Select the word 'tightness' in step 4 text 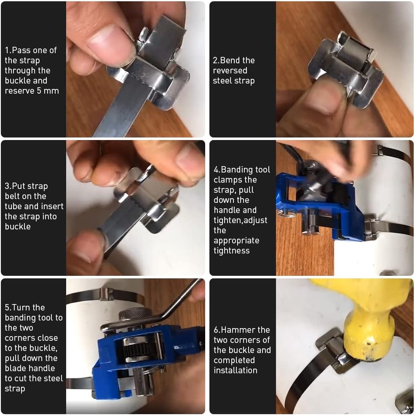pyautogui.click(x=232, y=251)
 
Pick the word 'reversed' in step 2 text pyautogui.click(x=230, y=70)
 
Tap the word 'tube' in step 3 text pyautogui.click(x=13, y=206)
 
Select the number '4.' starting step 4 pyautogui.click(x=217, y=170)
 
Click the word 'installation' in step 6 pyautogui.click(x=235, y=370)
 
